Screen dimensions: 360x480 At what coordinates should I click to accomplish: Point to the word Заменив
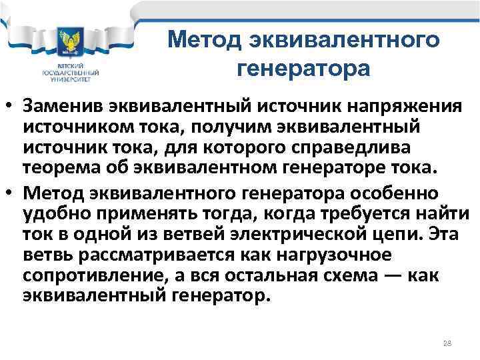tap(68, 107)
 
